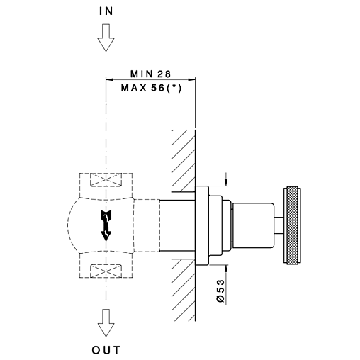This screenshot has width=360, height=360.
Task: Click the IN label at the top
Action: point(106,11)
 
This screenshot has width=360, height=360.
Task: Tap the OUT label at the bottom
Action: point(106,350)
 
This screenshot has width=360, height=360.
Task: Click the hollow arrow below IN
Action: point(106,38)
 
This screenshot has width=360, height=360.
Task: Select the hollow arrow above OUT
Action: point(106,323)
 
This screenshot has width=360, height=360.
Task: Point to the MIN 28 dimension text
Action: point(150,74)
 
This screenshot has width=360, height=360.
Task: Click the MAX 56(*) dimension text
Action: point(151,89)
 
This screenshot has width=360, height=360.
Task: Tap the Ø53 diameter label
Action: point(220,291)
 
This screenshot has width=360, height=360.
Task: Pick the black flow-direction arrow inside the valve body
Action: point(106,225)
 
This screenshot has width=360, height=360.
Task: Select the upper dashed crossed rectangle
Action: point(106,180)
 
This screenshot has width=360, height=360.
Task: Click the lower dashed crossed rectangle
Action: point(106,271)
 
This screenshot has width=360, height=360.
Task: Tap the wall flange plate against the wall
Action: point(202,225)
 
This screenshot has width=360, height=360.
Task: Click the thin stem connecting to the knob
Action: point(279,225)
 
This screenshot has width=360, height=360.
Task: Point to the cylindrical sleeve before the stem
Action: point(253,225)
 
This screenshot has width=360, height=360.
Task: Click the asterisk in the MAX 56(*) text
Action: point(174,86)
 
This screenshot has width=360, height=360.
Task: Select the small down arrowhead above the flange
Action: point(226,182)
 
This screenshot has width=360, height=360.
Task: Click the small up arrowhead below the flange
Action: point(226,269)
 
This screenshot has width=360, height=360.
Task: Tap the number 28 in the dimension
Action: point(164,74)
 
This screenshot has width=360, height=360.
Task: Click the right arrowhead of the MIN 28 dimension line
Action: point(191,79)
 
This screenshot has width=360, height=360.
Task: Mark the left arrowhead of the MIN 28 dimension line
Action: point(110,79)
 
